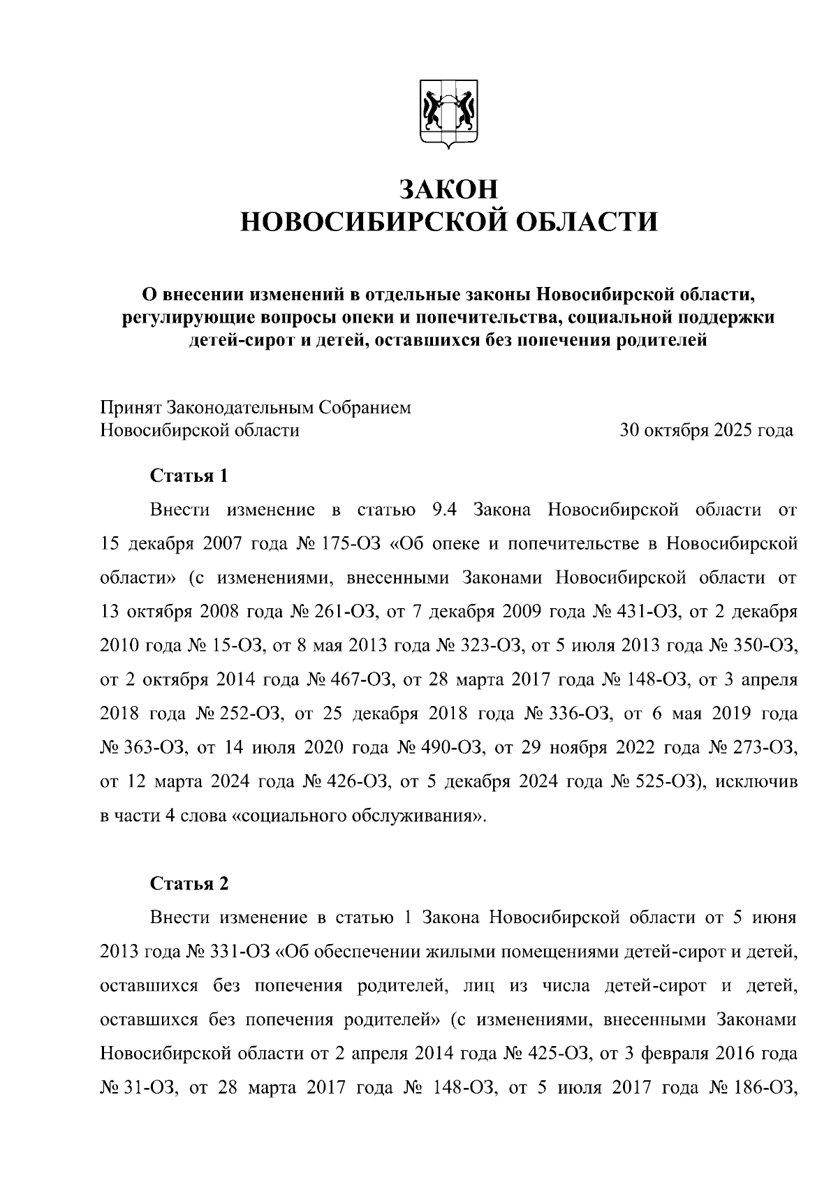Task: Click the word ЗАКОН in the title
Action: coord(449,189)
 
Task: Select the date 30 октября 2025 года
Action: coord(707,430)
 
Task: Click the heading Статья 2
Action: coord(189,883)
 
